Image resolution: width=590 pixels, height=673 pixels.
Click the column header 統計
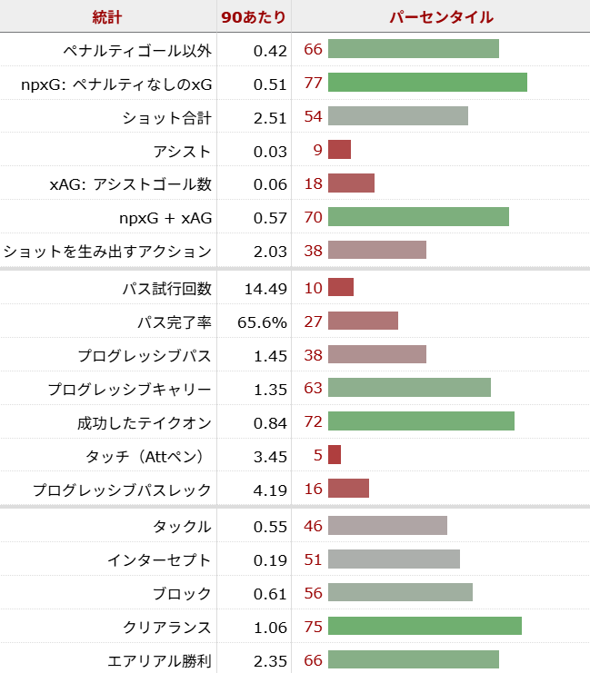tap(107, 16)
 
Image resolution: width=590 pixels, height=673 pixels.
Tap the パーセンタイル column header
tap(441, 16)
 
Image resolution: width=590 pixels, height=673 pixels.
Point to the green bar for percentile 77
tap(427, 84)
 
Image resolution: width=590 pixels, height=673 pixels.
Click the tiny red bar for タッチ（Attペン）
tap(335, 455)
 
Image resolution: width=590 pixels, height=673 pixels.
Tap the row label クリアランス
tap(167, 628)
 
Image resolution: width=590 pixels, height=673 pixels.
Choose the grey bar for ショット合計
tap(398, 117)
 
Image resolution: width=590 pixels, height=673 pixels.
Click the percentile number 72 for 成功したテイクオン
tap(314, 422)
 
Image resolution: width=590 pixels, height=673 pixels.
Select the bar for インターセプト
tap(394, 560)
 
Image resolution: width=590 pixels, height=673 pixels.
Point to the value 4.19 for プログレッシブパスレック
tap(270, 490)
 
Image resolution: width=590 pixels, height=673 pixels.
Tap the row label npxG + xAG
tap(165, 218)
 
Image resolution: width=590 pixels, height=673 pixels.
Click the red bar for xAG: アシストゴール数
tap(351, 184)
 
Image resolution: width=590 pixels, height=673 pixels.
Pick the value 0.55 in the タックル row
tap(270, 527)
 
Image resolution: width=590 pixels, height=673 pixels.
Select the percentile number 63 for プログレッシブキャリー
tap(314, 390)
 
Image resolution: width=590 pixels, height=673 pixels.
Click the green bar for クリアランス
tap(425, 628)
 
